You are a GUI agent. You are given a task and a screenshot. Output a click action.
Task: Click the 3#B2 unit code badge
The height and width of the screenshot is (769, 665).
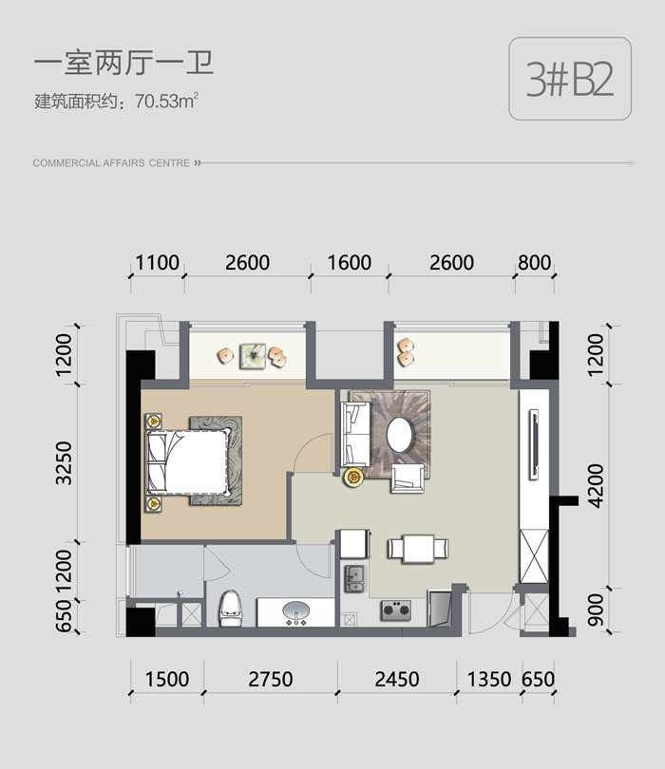pyautogui.click(x=570, y=79)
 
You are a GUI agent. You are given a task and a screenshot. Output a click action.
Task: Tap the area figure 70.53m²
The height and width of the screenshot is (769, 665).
pyautogui.click(x=166, y=101)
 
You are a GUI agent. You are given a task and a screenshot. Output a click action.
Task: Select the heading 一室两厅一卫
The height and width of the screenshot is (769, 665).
pyautogui.click(x=123, y=64)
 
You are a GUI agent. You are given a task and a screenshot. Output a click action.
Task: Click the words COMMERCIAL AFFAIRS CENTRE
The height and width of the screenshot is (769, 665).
pyautogui.click(x=111, y=163)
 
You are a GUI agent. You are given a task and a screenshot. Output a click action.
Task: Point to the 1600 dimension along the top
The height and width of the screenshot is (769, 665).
pyautogui.click(x=349, y=263)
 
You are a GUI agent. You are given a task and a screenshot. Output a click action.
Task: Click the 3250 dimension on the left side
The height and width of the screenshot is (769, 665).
pyautogui.click(x=64, y=463)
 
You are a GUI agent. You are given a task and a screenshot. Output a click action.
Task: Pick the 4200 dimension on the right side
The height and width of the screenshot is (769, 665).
pyautogui.click(x=596, y=486)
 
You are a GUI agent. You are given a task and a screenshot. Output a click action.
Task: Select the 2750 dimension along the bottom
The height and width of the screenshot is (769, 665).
pyautogui.click(x=271, y=679)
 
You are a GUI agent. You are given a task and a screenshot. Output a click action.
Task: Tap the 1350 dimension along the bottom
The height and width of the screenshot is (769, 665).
pyautogui.click(x=489, y=679)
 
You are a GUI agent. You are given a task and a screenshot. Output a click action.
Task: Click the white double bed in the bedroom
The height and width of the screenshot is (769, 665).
pyautogui.click(x=188, y=461)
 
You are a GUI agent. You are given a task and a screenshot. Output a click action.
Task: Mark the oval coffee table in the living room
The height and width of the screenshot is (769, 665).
pyautogui.click(x=400, y=434)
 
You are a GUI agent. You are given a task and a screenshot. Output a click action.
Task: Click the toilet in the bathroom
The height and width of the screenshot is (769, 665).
pyautogui.click(x=231, y=609)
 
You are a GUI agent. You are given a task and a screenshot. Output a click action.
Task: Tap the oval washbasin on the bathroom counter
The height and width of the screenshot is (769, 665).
pyautogui.click(x=296, y=611)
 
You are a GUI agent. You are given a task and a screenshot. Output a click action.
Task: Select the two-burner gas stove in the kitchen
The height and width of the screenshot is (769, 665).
pyautogui.click(x=396, y=610)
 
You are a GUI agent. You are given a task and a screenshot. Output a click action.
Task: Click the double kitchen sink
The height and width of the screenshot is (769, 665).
pyautogui.click(x=355, y=579)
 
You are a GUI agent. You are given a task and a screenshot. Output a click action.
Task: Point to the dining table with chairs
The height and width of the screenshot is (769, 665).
pyautogui.click(x=418, y=549)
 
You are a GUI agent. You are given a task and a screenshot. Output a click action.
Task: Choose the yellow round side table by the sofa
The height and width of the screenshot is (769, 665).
pyautogui.click(x=352, y=477)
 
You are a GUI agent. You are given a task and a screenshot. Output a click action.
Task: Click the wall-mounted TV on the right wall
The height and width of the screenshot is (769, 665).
pyautogui.click(x=534, y=445)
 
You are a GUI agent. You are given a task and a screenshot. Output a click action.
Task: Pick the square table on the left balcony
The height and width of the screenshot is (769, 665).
pyautogui.click(x=253, y=356)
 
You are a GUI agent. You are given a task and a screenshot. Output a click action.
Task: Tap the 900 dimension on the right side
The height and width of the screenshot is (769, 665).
pyautogui.click(x=596, y=610)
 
